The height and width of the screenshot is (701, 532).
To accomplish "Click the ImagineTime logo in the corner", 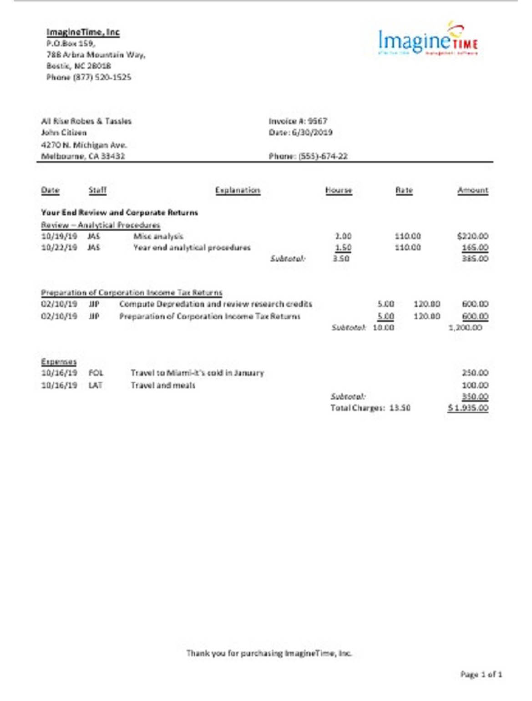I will click(427, 40).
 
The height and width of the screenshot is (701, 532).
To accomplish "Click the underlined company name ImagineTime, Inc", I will click(83, 32).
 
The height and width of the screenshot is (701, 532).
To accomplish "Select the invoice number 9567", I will click(318, 121).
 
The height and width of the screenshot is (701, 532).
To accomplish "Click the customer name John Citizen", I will click(64, 132).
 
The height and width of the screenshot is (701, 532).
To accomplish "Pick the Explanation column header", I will click(238, 190).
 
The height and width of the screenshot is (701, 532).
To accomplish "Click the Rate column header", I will click(404, 190).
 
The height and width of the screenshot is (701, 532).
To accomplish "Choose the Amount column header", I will click(473, 190).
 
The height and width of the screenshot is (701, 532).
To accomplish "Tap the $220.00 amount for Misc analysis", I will click(473, 236).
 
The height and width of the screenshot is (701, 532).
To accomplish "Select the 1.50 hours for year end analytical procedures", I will click(343, 248).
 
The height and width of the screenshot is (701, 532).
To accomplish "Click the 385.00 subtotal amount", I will click(475, 259).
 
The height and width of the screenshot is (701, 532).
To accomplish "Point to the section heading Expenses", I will click(59, 362).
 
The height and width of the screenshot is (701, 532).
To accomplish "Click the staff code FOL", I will click(96, 373).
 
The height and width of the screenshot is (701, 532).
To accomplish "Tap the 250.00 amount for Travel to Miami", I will click(475, 373).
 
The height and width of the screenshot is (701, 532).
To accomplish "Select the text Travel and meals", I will click(163, 386).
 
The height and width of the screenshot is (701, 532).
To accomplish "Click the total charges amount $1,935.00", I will click(468, 408).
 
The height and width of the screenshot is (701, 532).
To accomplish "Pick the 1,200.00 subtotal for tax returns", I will click(465, 328).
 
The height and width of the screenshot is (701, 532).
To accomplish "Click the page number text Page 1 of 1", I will click(481, 674).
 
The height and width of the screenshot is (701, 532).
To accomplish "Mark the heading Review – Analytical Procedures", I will click(101, 225).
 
